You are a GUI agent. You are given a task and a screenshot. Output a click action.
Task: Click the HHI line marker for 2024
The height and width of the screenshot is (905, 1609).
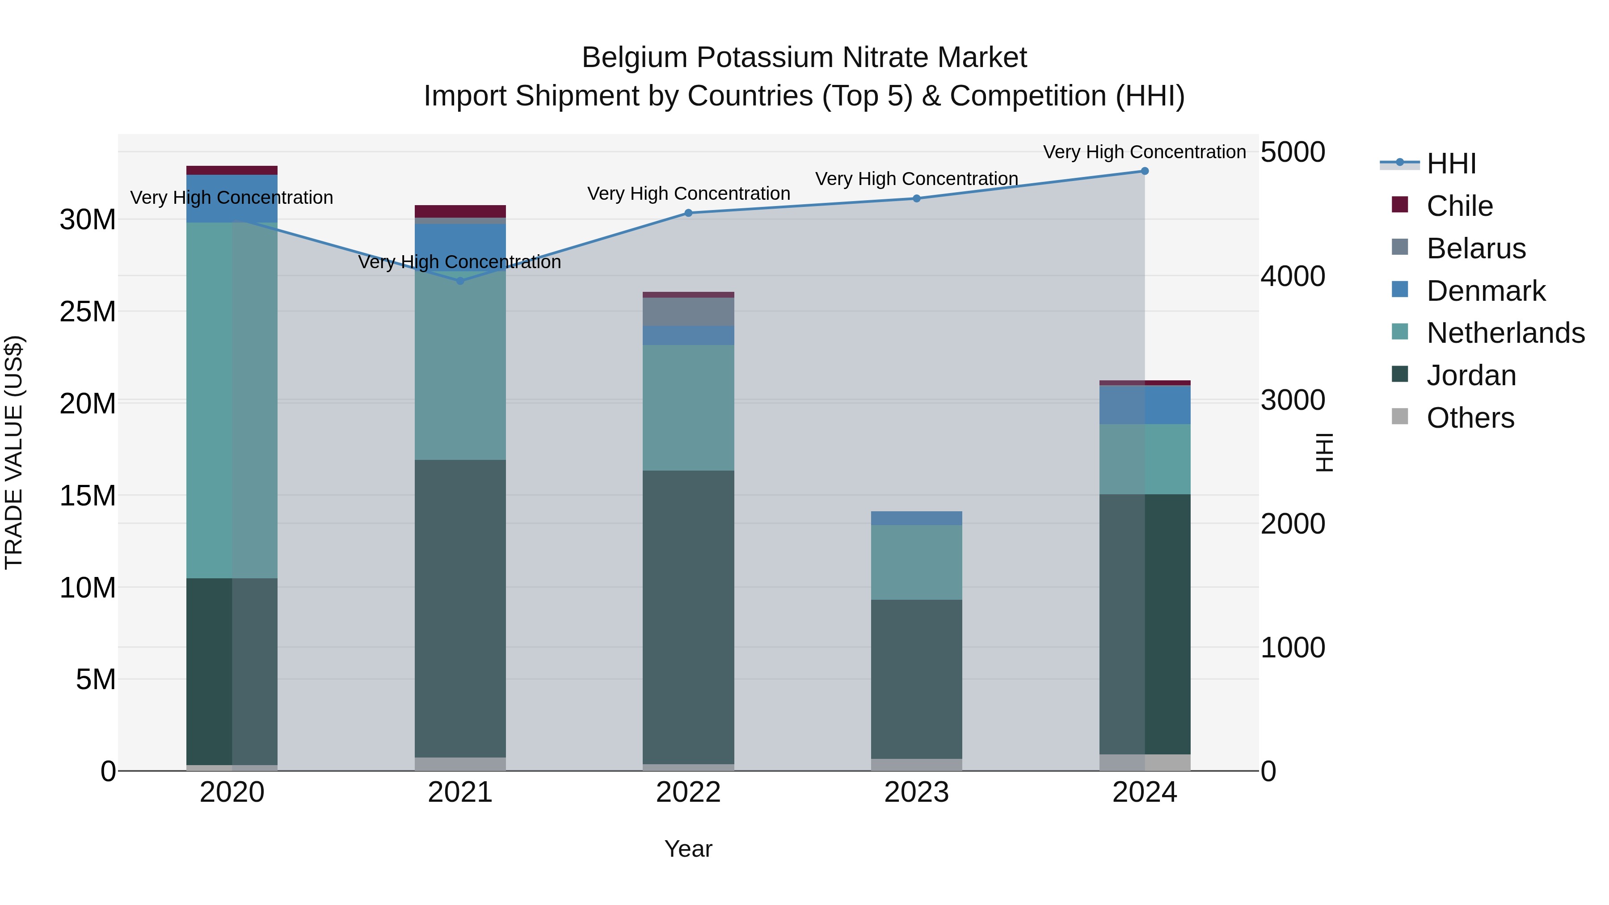pyautogui.click(x=1144, y=171)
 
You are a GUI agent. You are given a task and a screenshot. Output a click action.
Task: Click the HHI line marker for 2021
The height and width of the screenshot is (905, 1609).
pyautogui.click(x=460, y=281)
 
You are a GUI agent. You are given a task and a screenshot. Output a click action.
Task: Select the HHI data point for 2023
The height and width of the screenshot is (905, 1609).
pyautogui.click(x=916, y=198)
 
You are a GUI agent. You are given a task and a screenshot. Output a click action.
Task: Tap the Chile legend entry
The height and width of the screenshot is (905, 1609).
pyautogui.click(x=1459, y=206)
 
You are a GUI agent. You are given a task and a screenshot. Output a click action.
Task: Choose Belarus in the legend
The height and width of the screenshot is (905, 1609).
pyautogui.click(x=1475, y=248)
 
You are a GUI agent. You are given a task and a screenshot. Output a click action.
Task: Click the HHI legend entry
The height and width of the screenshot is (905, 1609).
pyautogui.click(x=1451, y=164)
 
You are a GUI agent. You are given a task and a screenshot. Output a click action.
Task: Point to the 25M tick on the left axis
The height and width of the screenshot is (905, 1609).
pyautogui.click(x=88, y=311)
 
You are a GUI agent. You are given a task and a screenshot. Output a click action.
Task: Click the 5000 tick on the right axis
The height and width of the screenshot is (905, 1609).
pyautogui.click(x=1292, y=152)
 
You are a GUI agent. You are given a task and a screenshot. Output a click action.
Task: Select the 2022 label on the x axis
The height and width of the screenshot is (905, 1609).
pyautogui.click(x=688, y=792)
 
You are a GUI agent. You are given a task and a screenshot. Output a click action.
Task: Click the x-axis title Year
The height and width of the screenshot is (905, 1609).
pyautogui.click(x=688, y=849)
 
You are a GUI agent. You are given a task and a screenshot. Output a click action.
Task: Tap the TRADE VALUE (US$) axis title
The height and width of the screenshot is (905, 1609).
pyautogui.click(x=14, y=452)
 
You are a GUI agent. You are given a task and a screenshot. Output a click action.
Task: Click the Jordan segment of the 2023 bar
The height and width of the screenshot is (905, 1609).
pyautogui.click(x=916, y=679)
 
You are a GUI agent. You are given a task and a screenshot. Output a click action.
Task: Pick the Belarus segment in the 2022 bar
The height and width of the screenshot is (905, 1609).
pyautogui.click(x=688, y=311)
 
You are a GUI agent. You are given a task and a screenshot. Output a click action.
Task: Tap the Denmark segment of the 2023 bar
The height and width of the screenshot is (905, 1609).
pyautogui.click(x=916, y=518)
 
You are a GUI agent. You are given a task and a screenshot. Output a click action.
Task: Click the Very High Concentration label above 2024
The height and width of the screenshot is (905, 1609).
pyautogui.click(x=1144, y=152)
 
